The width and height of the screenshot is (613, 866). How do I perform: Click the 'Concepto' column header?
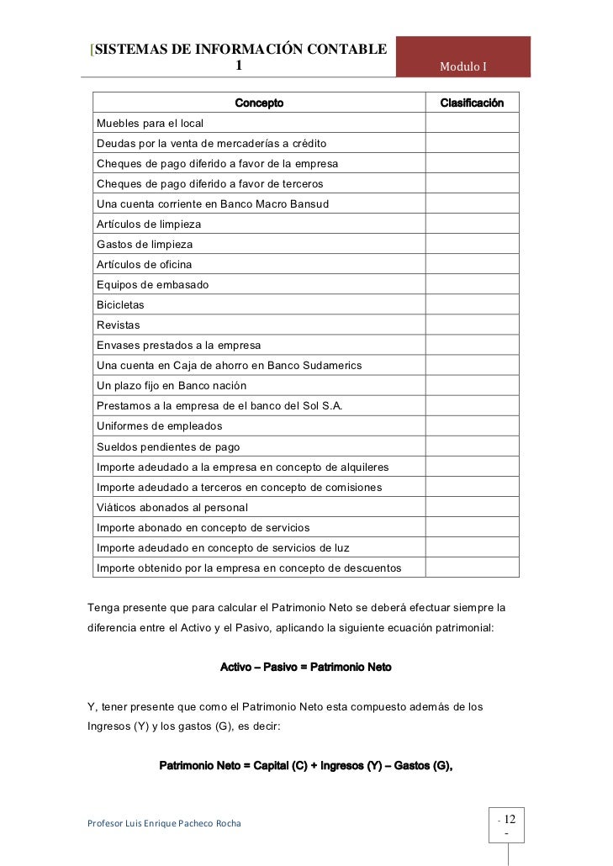[259, 103]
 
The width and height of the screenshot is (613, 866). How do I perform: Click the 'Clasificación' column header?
[472, 103]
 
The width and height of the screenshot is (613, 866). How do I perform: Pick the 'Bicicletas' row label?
[120, 304]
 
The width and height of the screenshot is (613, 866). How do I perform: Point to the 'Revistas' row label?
[119, 325]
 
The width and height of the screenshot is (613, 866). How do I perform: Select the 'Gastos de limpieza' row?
[145, 245]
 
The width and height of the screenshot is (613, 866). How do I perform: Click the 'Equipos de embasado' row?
[152, 284]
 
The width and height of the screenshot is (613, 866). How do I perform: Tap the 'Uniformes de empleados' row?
[159, 425]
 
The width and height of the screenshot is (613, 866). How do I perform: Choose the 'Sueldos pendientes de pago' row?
[168, 446]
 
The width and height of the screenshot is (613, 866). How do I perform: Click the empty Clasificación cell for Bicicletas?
[472, 304]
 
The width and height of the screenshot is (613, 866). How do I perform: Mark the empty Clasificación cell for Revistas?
[472, 325]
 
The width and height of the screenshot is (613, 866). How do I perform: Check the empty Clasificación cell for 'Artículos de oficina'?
[472, 264]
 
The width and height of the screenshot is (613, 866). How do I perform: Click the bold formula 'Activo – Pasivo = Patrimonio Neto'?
[305, 667]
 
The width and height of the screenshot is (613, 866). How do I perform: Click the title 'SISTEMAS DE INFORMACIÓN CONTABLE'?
[240, 49]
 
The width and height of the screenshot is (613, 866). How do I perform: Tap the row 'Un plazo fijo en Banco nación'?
[172, 385]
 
